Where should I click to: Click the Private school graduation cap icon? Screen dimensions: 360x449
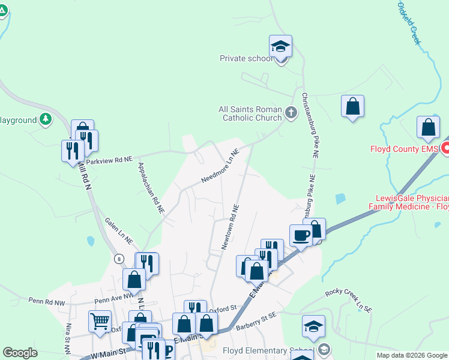point(280,46)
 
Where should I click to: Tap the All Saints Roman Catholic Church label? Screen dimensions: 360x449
point(250,113)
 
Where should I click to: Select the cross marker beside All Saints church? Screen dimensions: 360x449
point(291,112)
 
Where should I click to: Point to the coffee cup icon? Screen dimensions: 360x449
point(300,235)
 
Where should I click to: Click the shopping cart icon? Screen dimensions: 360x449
point(99,320)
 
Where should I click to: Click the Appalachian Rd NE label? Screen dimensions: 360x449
point(151,188)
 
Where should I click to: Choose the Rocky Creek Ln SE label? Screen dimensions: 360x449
point(349,300)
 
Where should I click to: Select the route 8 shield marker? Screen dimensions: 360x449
point(119,258)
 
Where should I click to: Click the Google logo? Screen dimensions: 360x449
point(20,353)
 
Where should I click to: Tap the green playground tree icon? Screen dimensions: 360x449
point(46,119)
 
